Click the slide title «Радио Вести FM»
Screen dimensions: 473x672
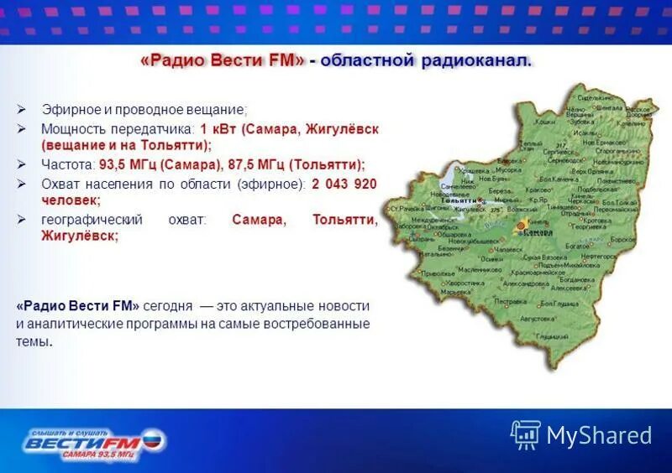tap(221, 62)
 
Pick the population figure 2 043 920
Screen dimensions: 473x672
tap(344, 183)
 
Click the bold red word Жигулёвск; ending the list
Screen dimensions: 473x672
tap(80, 236)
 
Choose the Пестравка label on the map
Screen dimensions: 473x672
tap(510, 300)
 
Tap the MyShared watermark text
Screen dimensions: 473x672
tap(599, 435)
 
